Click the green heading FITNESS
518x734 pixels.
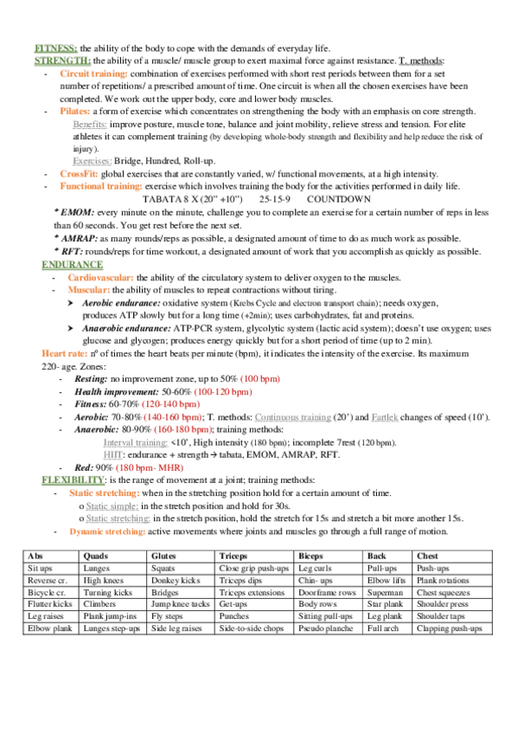56,48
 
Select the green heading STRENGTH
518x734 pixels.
62,61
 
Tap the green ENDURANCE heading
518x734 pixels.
71,263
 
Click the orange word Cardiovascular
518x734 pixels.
100,276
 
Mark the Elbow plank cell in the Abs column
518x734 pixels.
48,628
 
